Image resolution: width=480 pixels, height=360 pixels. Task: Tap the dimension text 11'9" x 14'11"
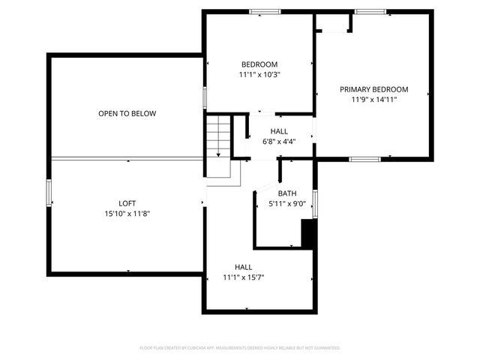coord(373,99)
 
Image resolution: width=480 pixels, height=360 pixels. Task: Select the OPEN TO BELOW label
coord(127,114)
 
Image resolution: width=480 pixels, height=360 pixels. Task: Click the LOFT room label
coord(127,203)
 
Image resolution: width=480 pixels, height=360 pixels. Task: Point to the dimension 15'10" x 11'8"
coord(127,214)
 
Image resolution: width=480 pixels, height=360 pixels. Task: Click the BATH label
coord(286,193)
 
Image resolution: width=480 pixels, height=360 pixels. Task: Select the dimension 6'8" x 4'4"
coord(279,141)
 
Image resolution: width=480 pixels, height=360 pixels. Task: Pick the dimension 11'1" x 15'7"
coord(243,277)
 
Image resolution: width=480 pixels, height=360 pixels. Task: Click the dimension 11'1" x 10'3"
coord(259,75)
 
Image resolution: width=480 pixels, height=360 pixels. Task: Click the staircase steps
coord(217,136)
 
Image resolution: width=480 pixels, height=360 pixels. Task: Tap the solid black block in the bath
coord(307,233)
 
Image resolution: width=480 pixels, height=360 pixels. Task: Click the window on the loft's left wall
coord(49,193)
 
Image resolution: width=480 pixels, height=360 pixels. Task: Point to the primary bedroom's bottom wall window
coord(364,159)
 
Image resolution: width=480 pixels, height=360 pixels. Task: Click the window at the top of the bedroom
coord(265,11)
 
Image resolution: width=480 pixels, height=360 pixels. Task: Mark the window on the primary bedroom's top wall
coord(370,11)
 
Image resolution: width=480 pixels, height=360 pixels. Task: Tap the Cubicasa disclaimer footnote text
coord(240,348)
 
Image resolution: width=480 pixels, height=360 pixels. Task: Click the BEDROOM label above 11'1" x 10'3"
coord(259,64)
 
